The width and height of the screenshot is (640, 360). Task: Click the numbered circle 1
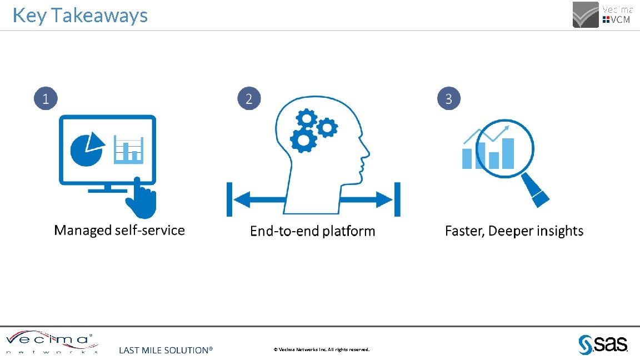coord(46,99)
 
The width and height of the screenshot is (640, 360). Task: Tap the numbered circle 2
coord(249,99)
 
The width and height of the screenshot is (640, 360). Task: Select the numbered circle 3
coord(449,99)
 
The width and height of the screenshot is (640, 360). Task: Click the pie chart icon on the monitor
coord(86,149)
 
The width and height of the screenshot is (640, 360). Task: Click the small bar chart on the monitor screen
coord(128,149)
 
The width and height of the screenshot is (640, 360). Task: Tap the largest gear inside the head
coord(303,141)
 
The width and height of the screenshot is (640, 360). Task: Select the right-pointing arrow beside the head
coord(369,199)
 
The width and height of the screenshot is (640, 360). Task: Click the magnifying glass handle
coord(536,190)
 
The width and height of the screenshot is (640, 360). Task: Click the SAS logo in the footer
coord(603,344)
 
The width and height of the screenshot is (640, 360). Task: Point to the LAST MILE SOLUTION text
coord(166,350)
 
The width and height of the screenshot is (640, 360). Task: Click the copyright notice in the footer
coord(321,349)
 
